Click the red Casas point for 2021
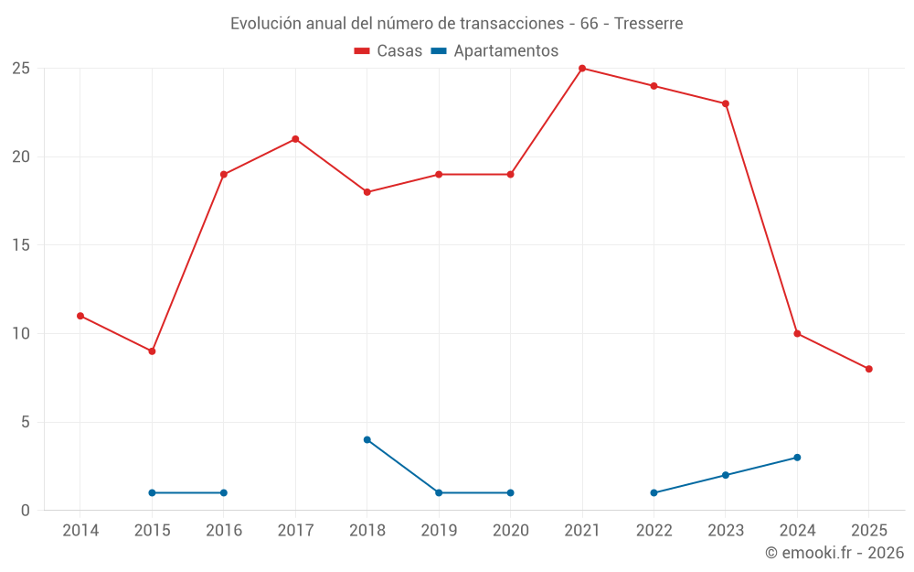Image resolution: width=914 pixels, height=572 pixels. point(582,69)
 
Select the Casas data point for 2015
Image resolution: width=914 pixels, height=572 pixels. point(152,351)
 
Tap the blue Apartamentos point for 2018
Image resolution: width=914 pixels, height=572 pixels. point(367,440)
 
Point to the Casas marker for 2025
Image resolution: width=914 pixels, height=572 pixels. point(869,369)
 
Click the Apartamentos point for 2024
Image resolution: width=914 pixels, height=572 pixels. point(797,458)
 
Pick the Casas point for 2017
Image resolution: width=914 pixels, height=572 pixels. point(295,139)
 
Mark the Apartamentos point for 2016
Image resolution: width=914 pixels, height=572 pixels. point(224,493)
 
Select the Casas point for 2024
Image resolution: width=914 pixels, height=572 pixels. point(797,334)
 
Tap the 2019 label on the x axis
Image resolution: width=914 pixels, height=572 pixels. point(439,531)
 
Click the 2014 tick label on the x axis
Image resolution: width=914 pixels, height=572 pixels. point(80,531)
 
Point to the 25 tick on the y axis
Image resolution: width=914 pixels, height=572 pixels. point(21,69)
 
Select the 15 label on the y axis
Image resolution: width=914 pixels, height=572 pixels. point(21,245)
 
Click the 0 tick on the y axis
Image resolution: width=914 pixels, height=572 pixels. point(26,511)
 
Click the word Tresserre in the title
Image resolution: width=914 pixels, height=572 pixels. point(649,24)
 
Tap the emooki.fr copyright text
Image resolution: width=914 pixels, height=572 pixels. point(834,553)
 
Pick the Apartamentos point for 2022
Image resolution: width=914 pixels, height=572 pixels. point(654,493)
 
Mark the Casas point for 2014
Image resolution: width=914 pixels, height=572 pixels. point(80,316)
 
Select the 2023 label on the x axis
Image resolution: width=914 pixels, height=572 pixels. point(726,531)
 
